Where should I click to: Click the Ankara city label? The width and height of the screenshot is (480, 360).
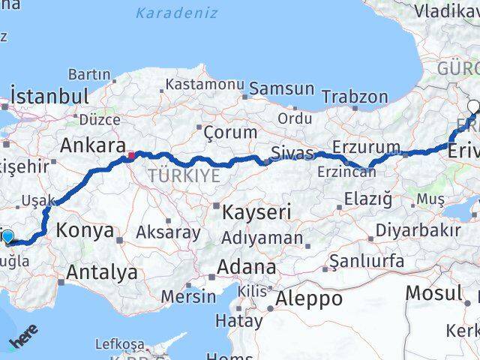coord(91,145)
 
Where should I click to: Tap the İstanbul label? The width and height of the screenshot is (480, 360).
coord(49,97)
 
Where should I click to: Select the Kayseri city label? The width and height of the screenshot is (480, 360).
coord(256,212)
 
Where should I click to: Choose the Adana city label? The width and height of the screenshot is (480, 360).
coord(246,267)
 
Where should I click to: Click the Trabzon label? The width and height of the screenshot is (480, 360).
coord(355,97)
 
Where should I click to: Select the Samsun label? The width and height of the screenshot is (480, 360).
coord(281,88)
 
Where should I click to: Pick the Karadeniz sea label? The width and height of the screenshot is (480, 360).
coord(177,13)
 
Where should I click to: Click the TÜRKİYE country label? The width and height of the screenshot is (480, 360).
coord(184,175)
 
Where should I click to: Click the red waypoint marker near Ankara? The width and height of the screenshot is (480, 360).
coord(131,156)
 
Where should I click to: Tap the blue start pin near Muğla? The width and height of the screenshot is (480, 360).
coord(7,238)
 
